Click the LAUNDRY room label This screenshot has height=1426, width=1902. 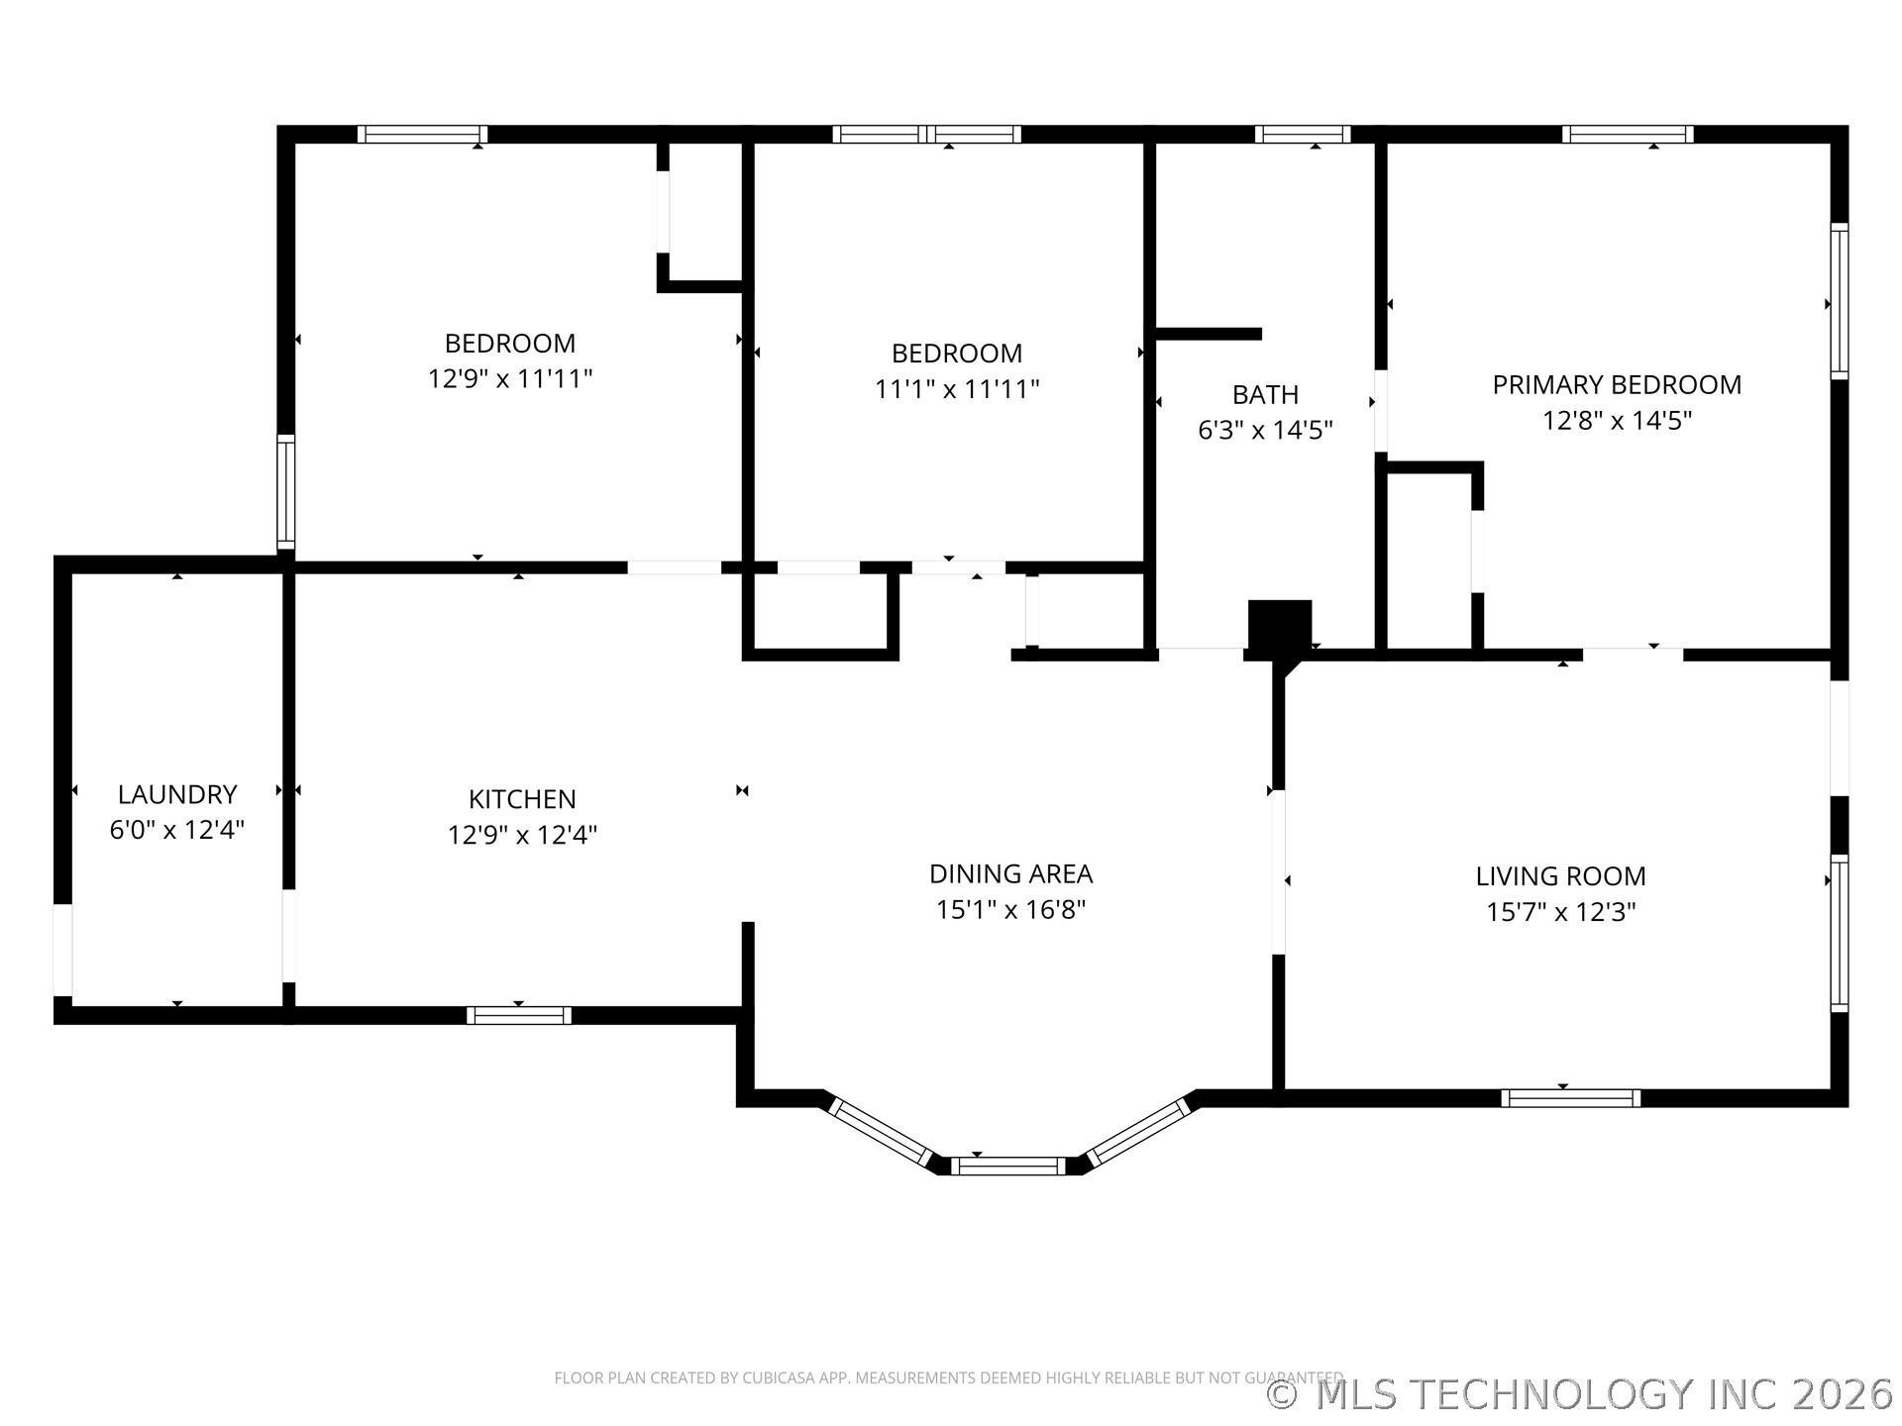coord(177,794)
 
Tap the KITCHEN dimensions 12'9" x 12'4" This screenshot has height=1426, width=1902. coord(522,835)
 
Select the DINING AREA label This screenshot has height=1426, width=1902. coord(1010,873)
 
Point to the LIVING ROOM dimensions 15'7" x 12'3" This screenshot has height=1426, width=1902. coord(1560,911)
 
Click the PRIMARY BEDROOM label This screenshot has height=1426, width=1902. coord(1617,384)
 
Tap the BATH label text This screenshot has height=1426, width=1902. coord(1265,394)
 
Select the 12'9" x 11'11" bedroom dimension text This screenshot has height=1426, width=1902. coord(510,378)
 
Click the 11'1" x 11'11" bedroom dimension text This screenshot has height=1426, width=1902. coord(957,388)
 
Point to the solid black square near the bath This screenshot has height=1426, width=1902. coord(1279,625)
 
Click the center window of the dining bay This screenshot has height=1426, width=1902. coord(1008,1166)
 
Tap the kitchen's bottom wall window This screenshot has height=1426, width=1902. coord(519,1015)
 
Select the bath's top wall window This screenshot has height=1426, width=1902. coord(1303,134)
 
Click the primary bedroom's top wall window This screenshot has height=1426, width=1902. coord(1628,134)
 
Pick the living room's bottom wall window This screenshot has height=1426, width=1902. coord(1570,1097)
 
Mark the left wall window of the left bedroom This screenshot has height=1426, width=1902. coord(285,491)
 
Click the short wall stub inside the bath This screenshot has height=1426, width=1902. coord(1209,334)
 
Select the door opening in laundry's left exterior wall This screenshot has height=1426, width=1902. coord(62,949)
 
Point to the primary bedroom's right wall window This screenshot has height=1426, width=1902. coord(1839,301)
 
